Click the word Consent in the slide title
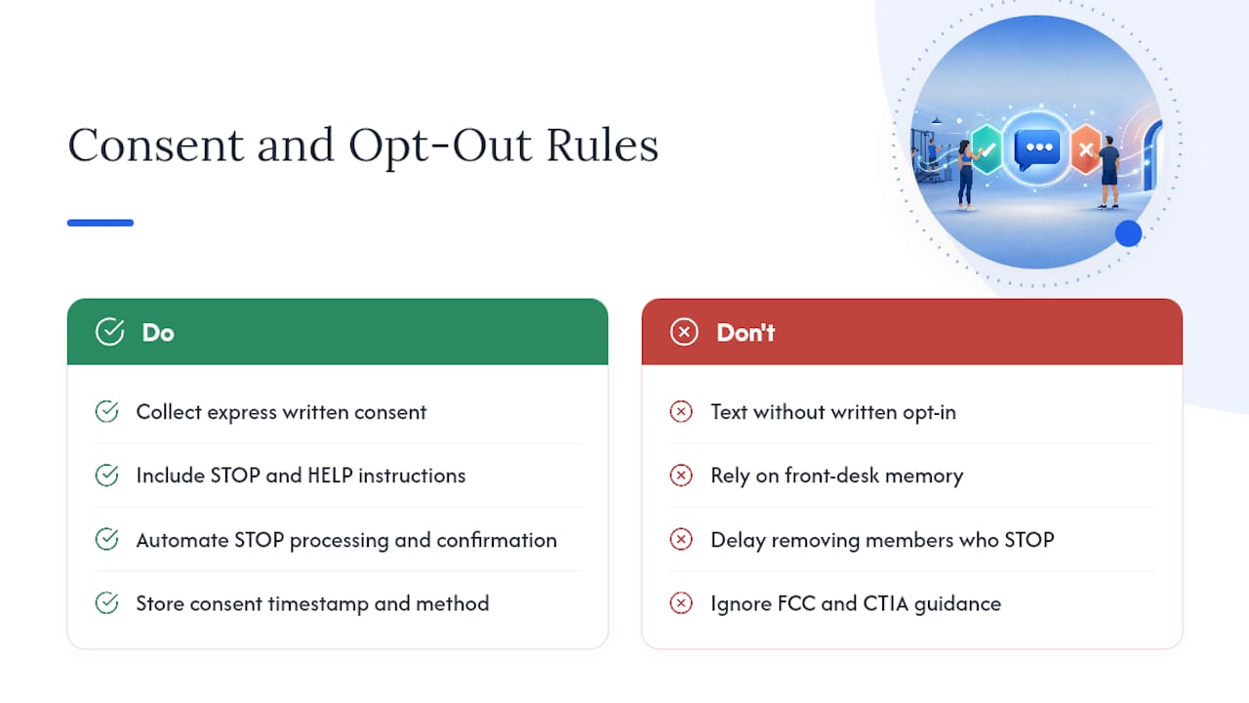pyautogui.click(x=156, y=145)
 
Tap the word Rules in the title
pyautogui.click(x=602, y=145)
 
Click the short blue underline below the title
pyautogui.click(x=101, y=223)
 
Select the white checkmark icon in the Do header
pyautogui.click(x=110, y=332)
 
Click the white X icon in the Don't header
pyautogui.click(x=684, y=332)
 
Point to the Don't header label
pyautogui.click(x=745, y=333)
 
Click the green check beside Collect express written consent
pyautogui.click(x=106, y=412)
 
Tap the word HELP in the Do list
pyautogui.click(x=330, y=476)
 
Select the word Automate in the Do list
pyautogui.click(x=182, y=540)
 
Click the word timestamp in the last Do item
pyautogui.click(x=318, y=604)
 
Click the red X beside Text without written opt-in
pyautogui.click(x=681, y=412)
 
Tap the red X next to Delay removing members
pyautogui.click(x=681, y=540)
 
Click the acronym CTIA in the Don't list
pyautogui.click(x=885, y=603)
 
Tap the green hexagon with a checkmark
pyautogui.click(x=986, y=149)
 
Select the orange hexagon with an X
pyautogui.click(x=1086, y=149)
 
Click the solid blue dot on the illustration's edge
pyautogui.click(x=1128, y=233)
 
